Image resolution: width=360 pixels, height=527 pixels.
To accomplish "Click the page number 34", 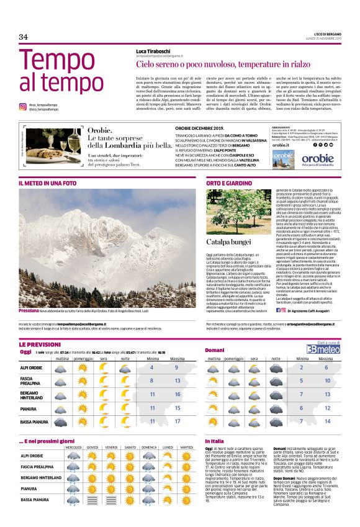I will (24, 37).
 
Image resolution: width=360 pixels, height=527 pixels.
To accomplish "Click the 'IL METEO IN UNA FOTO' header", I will (48, 184).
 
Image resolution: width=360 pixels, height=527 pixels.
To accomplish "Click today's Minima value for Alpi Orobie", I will (151, 367).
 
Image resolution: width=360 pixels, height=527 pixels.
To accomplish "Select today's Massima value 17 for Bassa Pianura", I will (178, 422).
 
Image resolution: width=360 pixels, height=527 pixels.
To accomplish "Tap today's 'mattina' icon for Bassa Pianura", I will (61, 422).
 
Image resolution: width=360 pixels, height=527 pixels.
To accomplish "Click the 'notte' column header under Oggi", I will (125, 358).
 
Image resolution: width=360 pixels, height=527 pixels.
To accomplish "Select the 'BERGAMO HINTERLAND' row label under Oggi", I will (32, 395).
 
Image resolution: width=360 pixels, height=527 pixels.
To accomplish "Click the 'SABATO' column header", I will (130, 447).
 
